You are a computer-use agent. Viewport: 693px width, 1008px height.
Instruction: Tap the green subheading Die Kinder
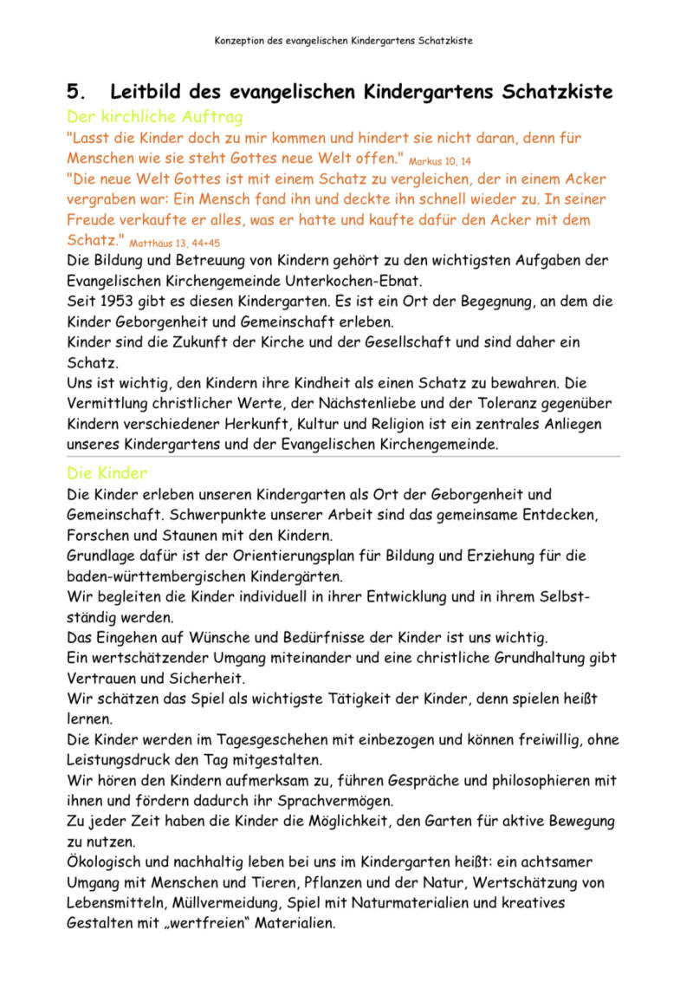[107, 473]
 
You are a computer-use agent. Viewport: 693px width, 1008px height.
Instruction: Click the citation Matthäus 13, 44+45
[175, 244]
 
